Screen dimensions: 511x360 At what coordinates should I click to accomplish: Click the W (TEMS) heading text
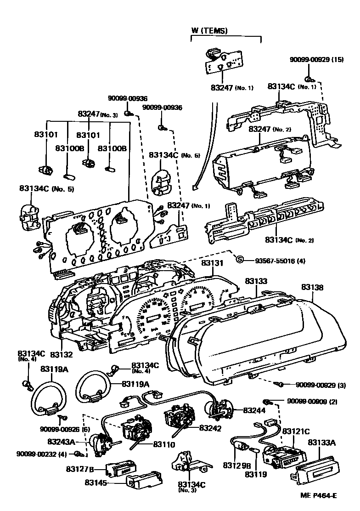[x=209, y=31]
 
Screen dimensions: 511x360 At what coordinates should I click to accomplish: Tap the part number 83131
[x=212, y=263]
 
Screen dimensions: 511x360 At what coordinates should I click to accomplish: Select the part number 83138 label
[x=312, y=288]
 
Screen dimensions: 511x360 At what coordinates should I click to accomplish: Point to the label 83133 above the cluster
[x=256, y=280]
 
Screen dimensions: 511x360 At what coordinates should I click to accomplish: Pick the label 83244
[x=254, y=410]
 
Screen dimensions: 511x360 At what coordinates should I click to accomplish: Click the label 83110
[x=164, y=445]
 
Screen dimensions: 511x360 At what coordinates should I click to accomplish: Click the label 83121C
[x=296, y=432]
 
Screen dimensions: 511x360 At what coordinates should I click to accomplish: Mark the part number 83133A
[x=321, y=443]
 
